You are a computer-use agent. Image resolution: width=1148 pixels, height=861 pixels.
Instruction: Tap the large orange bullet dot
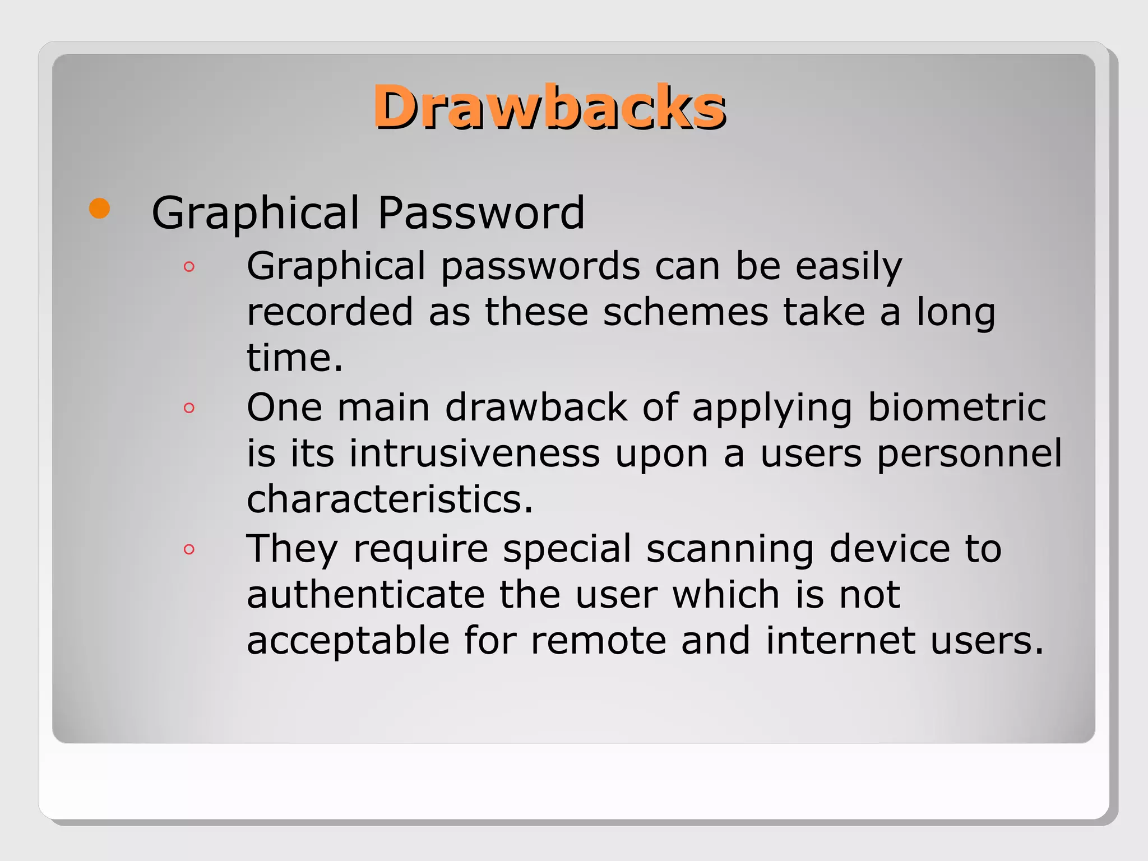tap(100, 209)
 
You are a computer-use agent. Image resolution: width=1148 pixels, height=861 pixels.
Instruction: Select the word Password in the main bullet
tap(481, 213)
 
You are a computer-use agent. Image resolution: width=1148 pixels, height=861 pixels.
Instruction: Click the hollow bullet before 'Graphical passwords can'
tap(189, 267)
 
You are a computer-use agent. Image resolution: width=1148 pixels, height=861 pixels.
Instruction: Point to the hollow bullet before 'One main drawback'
tap(189, 408)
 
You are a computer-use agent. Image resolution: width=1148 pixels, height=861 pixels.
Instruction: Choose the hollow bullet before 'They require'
tap(189, 549)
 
